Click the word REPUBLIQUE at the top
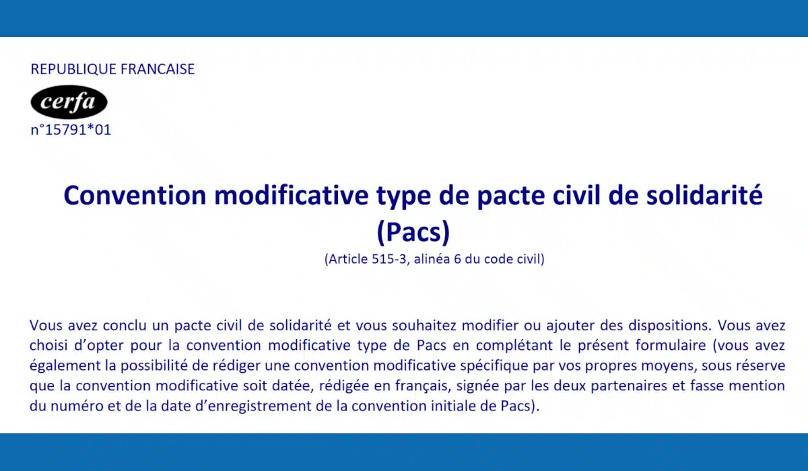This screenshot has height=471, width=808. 73,69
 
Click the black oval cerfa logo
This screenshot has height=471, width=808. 69,102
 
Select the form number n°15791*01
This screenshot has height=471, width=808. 71,130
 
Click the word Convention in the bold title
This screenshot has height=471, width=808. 135,195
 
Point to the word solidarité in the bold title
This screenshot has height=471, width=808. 704,194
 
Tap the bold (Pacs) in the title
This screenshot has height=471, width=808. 413,231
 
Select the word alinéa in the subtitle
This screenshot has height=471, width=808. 432,259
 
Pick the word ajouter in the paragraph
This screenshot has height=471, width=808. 570,326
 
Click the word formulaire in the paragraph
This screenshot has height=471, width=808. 671,345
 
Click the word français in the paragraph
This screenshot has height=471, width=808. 423,386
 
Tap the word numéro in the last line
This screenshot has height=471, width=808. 77,406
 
